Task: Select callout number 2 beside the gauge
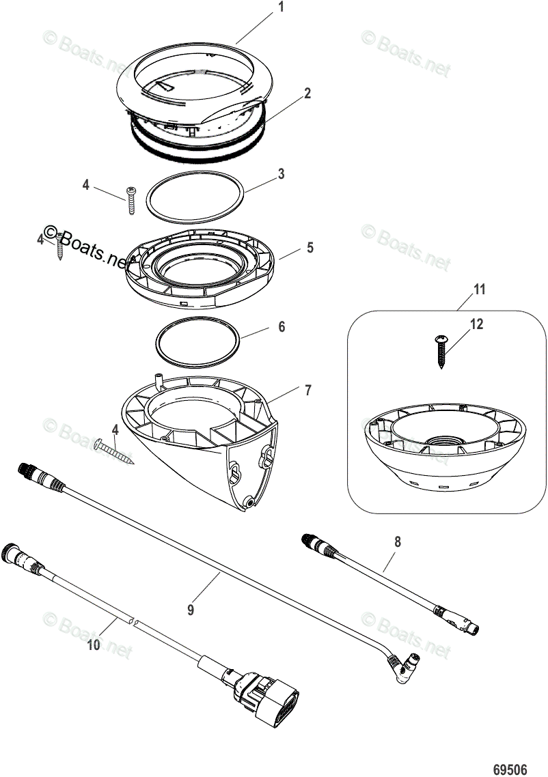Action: (308, 94)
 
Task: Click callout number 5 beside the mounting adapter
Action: (310, 247)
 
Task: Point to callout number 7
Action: (308, 390)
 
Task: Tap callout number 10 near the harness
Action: (94, 644)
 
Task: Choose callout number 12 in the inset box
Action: (476, 324)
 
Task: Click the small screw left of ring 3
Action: (131, 201)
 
